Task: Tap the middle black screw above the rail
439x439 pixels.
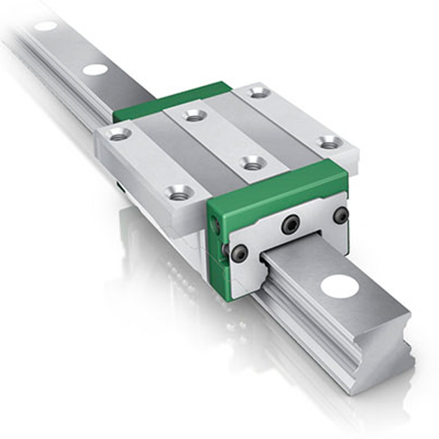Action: pyautogui.click(x=291, y=224)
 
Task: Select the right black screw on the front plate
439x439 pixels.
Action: pyautogui.click(x=341, y=215)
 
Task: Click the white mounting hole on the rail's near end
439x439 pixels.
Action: pyautogui.click(x=340, y=286)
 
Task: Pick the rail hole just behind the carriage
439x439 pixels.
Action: pyautogui.click(x=95, y=70)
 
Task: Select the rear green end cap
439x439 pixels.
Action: pyautogui.click(x=170, y=102)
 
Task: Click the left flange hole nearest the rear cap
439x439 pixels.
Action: pyautogui.click(x=119, y=134)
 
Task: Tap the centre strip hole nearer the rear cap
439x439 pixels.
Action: pyautogui.click(x=194, y=115)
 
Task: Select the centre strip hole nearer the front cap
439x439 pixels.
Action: pyautogui.click(x=252, y=163)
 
